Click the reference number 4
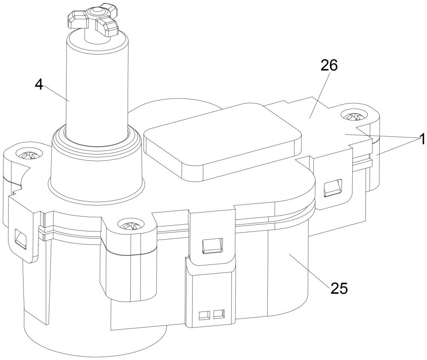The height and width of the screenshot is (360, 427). (39, 85)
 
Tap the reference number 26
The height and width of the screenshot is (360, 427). (329, 65)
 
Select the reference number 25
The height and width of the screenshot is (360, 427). (339, 288)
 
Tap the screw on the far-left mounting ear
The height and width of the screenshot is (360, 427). (28, 154)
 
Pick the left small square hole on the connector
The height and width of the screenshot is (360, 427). (204, 315)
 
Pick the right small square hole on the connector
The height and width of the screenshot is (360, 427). (219, 314)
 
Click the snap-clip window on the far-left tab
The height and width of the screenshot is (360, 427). (20, 238)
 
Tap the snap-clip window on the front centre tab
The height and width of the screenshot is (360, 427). (212, 246)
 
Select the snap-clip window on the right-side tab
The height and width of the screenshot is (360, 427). (333, 187)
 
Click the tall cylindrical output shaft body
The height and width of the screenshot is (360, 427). (97, 87)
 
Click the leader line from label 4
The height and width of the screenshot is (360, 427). (56, 93)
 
